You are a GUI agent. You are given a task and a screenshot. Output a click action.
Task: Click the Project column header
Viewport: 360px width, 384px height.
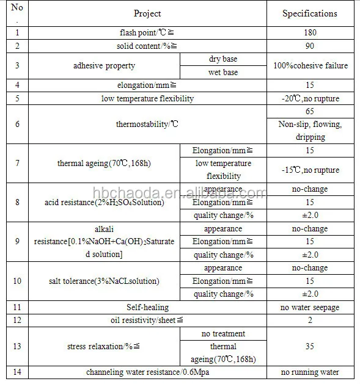point(147,13)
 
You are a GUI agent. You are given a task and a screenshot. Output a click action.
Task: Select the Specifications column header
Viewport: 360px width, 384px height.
point(309,13)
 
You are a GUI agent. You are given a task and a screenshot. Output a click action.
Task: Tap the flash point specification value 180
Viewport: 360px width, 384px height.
point(309,32)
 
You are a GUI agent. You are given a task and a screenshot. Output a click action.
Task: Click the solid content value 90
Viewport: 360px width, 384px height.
point(309,46)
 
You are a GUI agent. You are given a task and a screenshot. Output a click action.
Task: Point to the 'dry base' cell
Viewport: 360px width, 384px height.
point(222,59)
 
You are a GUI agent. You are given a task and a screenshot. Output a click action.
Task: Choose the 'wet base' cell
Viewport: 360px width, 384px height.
point(222,73)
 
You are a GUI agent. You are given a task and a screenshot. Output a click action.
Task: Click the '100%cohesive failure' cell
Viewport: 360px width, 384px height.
point(309,66)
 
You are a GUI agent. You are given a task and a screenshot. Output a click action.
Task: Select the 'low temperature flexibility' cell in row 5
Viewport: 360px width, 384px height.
point(147,98)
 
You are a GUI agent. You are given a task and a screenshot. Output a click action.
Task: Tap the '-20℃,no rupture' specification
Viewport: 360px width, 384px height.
point(309,98)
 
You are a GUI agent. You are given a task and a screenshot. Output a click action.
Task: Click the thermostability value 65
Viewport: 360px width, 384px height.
point(309,112)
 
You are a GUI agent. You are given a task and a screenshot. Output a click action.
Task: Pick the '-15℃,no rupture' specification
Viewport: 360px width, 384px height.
point(309,170)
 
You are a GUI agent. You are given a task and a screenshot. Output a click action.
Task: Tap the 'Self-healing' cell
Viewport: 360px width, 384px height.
point(147,307)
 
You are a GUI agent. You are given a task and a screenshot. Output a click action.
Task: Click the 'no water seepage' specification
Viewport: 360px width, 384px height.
point(309,307)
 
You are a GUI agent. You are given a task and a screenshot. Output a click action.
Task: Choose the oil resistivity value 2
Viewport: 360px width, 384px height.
point(309,320)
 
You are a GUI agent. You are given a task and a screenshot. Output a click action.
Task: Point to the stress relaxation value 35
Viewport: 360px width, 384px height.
point(309,346)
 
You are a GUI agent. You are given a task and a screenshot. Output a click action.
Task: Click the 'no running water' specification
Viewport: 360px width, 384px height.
point(309,372)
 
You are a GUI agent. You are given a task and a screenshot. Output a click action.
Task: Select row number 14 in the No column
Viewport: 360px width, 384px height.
point(17,372)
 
